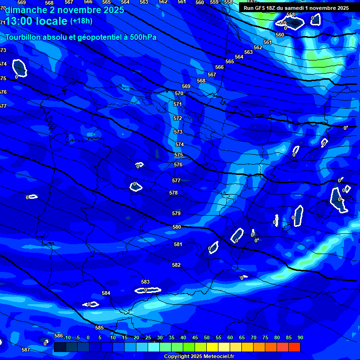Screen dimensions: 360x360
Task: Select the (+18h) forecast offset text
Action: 81,21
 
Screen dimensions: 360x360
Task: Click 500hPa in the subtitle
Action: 142,37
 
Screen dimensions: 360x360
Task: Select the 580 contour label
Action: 177,227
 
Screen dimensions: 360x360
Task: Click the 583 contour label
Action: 145,282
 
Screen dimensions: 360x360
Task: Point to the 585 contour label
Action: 99,328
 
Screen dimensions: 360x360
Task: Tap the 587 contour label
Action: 26,350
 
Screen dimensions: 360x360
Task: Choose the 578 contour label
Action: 173,193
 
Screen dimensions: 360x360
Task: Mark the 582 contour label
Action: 176,265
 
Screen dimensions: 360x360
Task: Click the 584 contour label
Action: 106,293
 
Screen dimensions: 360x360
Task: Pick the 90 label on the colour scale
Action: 300,337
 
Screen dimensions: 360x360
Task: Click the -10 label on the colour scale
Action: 67,337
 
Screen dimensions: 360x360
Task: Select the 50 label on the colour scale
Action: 206,337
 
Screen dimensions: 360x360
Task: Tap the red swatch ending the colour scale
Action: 294,347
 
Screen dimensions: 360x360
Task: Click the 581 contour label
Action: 178,244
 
